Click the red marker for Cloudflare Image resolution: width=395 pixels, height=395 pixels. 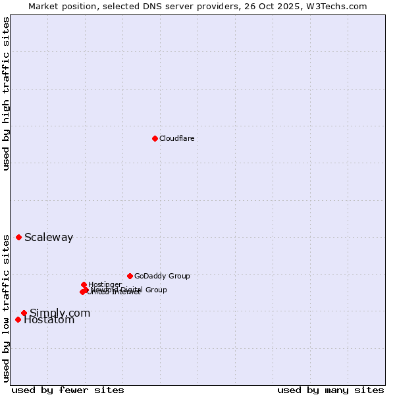point(155,138)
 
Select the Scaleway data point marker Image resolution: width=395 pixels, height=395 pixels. point(18,237)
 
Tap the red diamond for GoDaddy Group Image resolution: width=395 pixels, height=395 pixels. point(130,276)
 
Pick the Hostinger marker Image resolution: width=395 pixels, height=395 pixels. point(84,284)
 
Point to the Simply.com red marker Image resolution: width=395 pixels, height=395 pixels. point(24,313)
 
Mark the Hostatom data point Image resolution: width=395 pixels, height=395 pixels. point(18,319)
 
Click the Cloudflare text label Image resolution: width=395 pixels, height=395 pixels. point(176,138)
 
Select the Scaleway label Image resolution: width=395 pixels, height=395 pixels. point(49,238)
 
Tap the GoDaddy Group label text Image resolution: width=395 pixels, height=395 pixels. point(162,276)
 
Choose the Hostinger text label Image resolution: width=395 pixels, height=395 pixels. point(105,284)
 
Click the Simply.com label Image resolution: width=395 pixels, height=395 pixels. point(60,313)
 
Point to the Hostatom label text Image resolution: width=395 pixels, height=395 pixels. point(49,321)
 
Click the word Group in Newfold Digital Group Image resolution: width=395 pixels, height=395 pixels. point(155,290)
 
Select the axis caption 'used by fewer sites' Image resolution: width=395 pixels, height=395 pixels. point(68,390)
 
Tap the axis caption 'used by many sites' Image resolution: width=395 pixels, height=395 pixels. point(330,390)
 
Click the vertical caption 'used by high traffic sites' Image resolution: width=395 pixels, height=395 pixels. point(6,93)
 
